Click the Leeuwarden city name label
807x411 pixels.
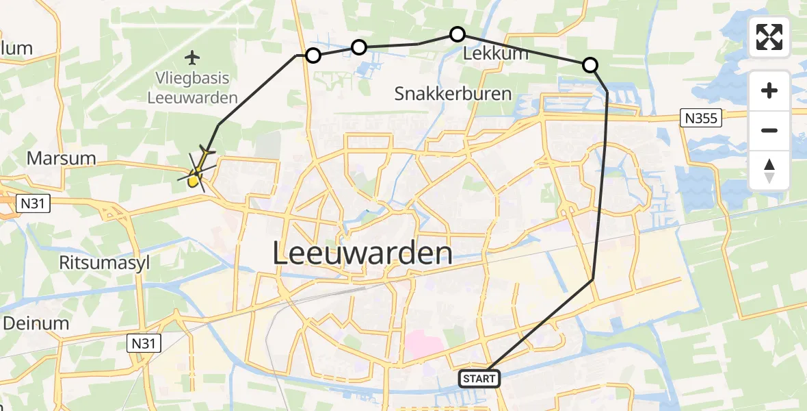[362, 254]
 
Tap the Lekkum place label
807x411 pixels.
[495, 53]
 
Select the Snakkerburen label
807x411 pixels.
[453, 94]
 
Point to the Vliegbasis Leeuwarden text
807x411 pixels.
[193, 88]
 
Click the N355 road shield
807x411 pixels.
[701, 119]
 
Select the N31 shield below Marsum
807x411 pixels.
[34, 203]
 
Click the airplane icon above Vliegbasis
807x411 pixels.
[193, 56]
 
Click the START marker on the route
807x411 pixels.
[479, 378]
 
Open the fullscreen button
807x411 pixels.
[769, 37]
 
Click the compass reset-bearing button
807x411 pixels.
[769, 171]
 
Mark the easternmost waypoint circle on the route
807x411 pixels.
[590, 65]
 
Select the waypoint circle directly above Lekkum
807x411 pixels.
[458, 34]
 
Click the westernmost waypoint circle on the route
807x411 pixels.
[313, 55]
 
